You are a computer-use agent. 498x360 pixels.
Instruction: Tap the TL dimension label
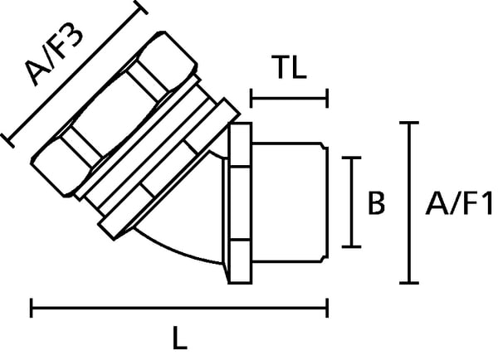click(289, 67)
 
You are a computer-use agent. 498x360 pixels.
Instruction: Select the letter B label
click(376, 202)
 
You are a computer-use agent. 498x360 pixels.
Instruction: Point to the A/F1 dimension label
click(459, 202)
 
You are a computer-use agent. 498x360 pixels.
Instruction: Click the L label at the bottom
click(180, 338)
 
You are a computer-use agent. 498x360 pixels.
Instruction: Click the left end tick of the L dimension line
click(32, 308)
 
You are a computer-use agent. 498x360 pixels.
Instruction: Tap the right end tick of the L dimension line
click(327, 308)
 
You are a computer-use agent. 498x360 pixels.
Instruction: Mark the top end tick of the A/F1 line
click(409, 123)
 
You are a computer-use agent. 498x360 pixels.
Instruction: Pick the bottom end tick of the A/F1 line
click(409, 282)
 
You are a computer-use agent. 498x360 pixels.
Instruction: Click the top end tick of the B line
click(351, 158)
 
